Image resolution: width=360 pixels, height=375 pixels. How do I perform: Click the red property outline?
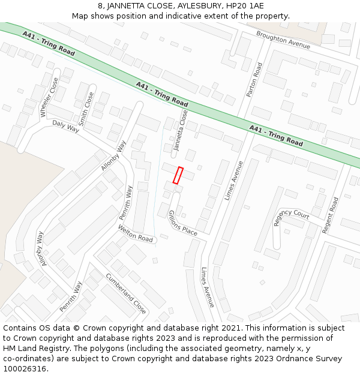point(178,175)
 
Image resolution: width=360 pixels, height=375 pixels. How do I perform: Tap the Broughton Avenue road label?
point(283,40)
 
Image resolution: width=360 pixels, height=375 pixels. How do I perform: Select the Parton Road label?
point(254,80)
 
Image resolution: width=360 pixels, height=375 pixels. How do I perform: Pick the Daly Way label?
point(66,126)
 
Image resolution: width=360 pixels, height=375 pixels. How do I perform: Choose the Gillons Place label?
point(183,223)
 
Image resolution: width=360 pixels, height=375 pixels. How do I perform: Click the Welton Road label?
point(136,233)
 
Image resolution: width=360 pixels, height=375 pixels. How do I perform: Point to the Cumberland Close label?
point(126,293)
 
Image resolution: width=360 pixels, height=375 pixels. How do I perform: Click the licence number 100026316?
point(25,368)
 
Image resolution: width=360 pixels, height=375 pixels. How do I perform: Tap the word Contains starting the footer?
point(21,328)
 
